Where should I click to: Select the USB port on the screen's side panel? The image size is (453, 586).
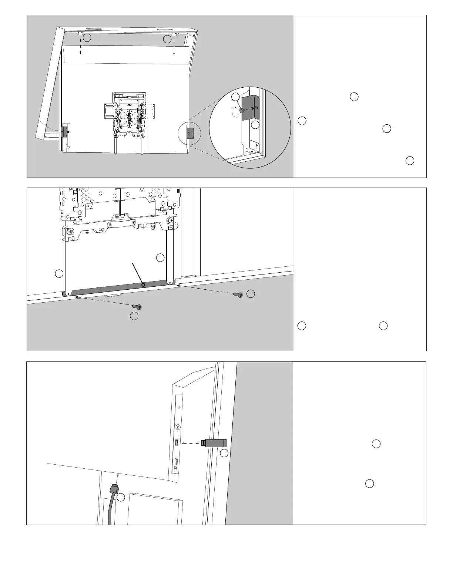coord(177,442)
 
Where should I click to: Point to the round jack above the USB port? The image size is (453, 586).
coord(178,427)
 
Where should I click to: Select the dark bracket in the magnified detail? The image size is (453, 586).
coord(252,108)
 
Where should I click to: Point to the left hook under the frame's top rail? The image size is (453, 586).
coord(80,33)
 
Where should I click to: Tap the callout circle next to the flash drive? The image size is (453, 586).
coord(224,453)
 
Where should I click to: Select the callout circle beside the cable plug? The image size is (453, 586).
coord(121,498)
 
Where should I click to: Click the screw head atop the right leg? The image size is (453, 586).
coord(171,221)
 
